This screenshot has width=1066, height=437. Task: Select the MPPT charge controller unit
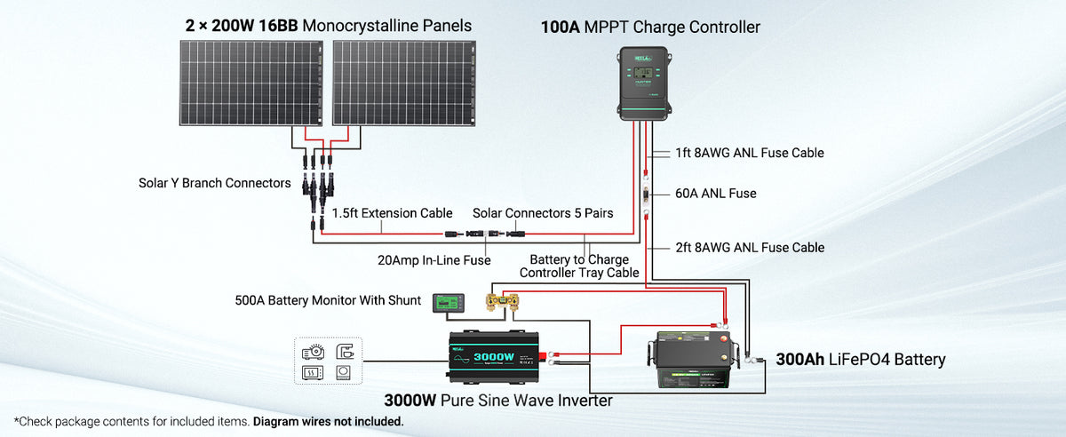(643, 84)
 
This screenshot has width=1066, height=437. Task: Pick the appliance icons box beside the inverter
(329, 361)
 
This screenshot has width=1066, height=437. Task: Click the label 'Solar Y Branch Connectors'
(214, 183)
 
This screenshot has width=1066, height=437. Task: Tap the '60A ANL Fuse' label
(715, 193)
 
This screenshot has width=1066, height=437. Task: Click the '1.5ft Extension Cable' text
(392, 213)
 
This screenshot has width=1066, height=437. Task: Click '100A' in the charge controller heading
(560, 27)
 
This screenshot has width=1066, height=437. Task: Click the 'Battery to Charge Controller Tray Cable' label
(579, 266)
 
